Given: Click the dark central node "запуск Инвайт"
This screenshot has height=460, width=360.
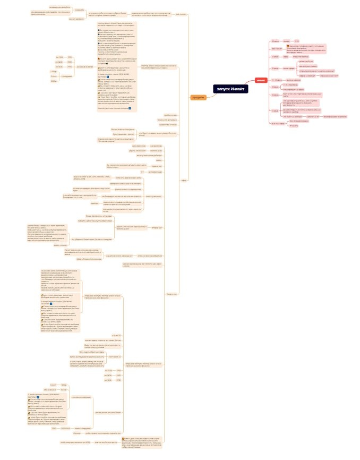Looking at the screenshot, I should coord(231,89).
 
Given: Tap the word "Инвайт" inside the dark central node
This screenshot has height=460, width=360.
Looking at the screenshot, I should coord(238,89).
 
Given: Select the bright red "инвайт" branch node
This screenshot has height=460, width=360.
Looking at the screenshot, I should coord(261,80).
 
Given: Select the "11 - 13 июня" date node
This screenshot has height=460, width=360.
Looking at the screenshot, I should coord(276,79).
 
